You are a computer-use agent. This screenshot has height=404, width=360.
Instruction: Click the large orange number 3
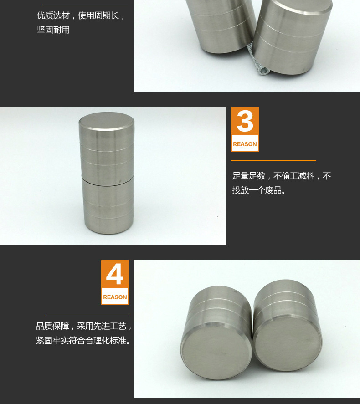tap(245, 121)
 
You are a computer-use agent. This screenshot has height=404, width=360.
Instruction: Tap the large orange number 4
tap(115, 274)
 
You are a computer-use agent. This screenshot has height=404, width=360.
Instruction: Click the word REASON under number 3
tap(245, 144)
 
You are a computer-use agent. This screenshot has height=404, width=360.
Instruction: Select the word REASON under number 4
tap(115, 297)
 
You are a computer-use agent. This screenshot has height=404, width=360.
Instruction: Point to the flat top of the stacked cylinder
tap(107, 121)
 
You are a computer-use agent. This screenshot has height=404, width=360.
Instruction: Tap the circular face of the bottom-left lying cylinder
tap(216, 350)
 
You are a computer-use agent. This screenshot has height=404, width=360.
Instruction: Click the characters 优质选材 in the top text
tap(53, 15)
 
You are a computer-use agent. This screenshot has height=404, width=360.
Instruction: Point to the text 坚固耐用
tap(53, 30)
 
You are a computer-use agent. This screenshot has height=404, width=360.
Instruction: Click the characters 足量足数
tap(249, 176)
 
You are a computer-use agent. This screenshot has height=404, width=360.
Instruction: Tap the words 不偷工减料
tap(294, 176)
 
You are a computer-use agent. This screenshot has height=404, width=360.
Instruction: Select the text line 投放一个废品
tap(259, 190)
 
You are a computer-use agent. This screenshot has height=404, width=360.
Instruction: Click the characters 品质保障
tap(52, 326)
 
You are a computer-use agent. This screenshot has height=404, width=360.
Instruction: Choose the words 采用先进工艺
tap(102, 326)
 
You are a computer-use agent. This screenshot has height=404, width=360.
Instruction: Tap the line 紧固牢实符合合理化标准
tap(83, 341)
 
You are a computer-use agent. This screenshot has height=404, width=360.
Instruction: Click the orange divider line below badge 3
tap(274, 160)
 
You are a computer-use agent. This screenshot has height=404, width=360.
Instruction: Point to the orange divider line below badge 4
tap(86, 314)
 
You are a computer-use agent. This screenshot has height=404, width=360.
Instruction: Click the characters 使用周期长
tap(98, 15)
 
